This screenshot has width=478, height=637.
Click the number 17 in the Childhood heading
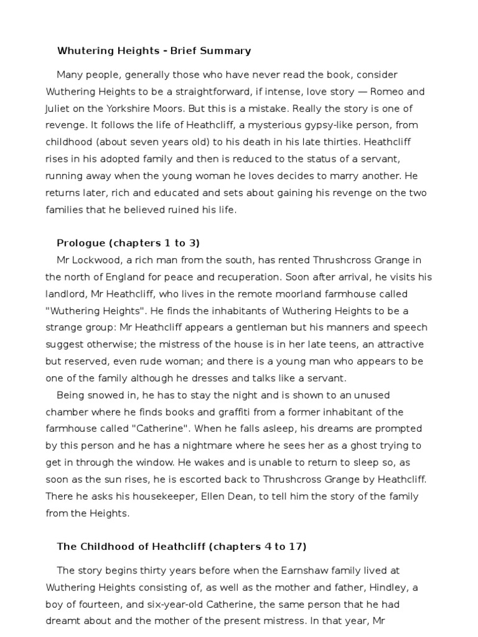pyautogui.click(x=294, y=547)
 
